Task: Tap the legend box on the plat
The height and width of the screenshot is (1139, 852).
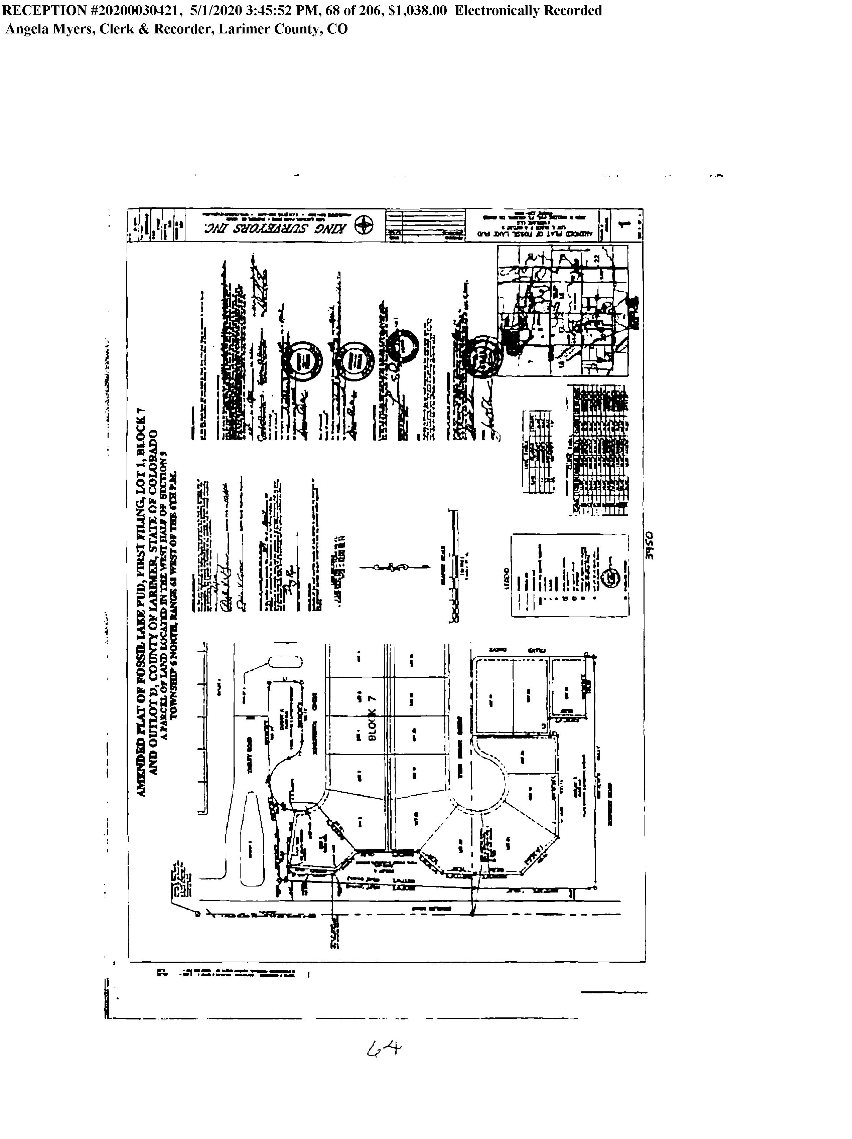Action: [x=570, y=575]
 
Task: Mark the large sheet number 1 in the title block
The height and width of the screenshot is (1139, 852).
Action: [x=625, y=224]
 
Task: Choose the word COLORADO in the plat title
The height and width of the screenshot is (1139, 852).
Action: [x=152, y=460]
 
